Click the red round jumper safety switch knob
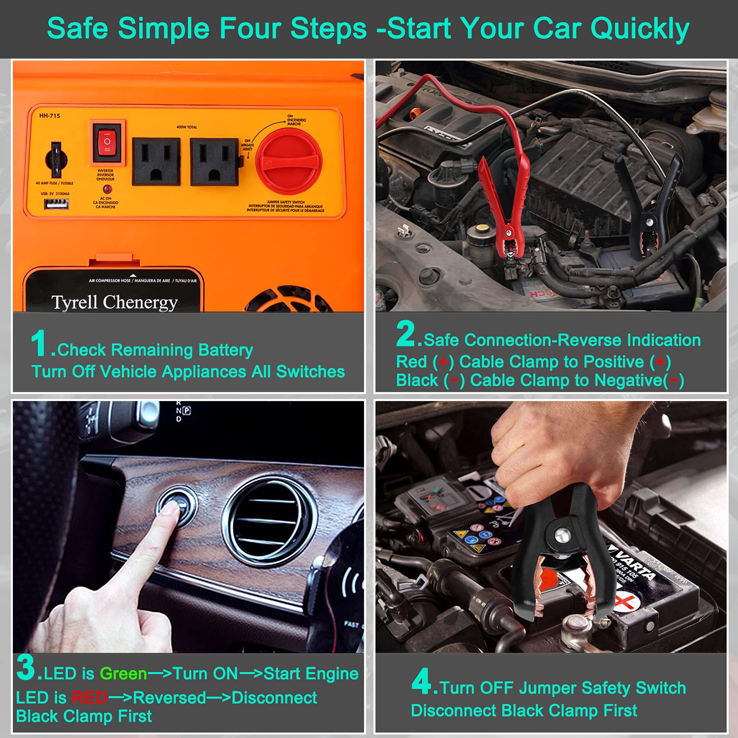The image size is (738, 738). [x=289, y=162]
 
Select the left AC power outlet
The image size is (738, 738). [x=156, y=161]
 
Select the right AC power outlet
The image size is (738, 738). [x=214, y=161]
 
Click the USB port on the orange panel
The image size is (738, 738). [x=57, y=203]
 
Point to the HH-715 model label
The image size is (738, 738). [x=50, y=116]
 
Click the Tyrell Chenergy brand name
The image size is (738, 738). [x=115, y=302]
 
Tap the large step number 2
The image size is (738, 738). [x=406, y=334]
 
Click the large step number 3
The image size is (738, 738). [x=26, y=667]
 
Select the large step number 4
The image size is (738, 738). [x=422, y=681]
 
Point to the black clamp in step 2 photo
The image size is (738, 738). [x=654, y=207]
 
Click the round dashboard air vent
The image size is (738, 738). [x=268, y=517]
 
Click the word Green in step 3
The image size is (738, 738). [x=123, y=674]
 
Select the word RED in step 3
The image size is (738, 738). [x=90, y=698]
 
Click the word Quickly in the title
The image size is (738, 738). [x=640, y=29]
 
